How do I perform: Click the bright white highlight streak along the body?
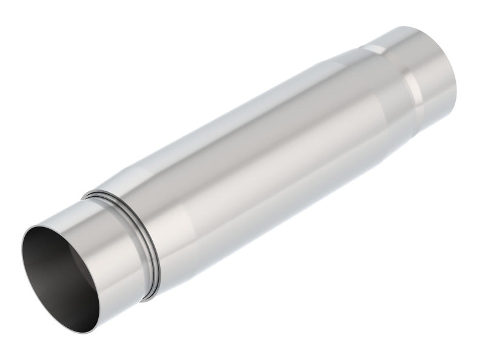242,152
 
